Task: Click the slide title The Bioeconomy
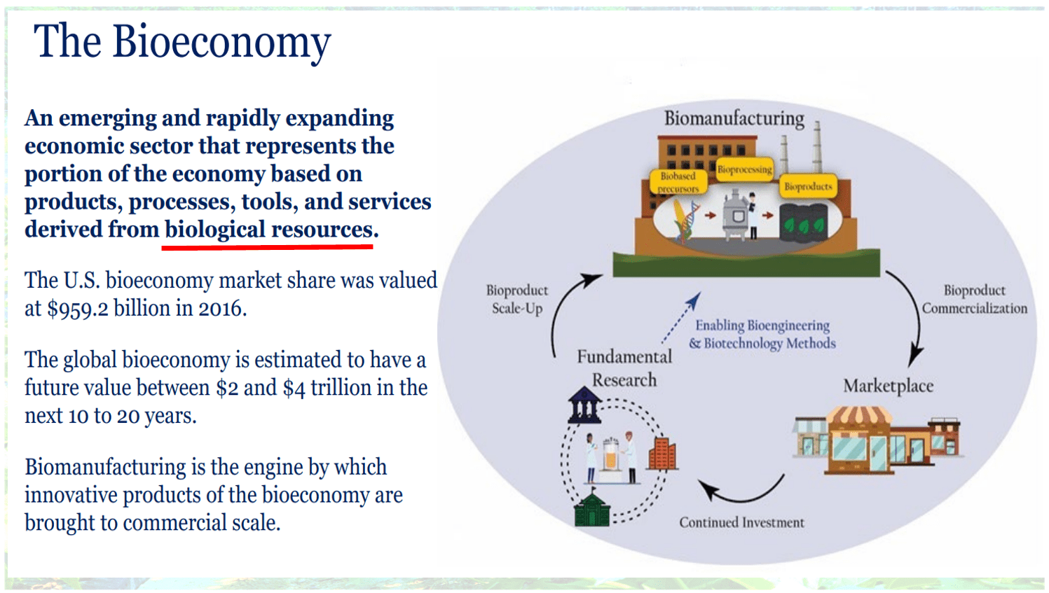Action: click(x=182, y=42)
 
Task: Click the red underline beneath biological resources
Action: click(x=269, y=246)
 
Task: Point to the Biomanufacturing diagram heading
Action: click(x=734, y=118)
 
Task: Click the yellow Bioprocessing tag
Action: click(x=744, y=169)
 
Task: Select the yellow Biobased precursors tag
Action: click(x=678, y=182)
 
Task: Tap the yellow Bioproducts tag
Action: click(x=808, y=186)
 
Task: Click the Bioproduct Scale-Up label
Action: click(x=517, y=299)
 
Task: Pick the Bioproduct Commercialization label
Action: click(x=974, y=299)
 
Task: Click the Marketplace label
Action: click(x=888, y=386)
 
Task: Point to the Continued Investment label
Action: click(x=741, y=522)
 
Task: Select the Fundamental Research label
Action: click(x=624, y=368)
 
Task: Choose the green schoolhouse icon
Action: click(x=592, y=509)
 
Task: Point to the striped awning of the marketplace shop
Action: click(x=859, y=417)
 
